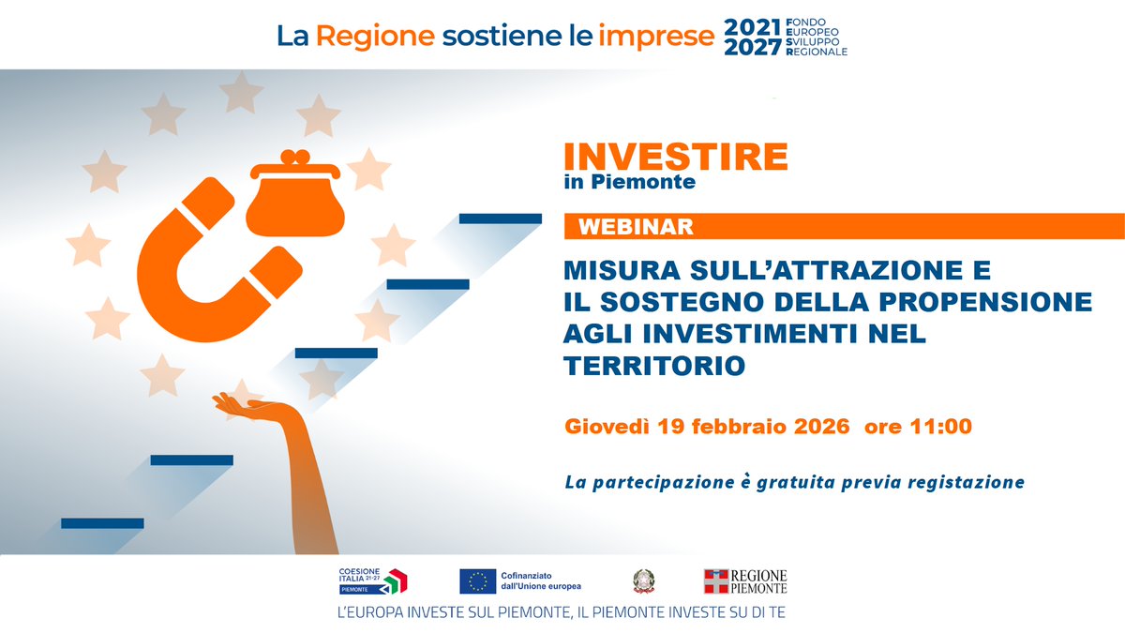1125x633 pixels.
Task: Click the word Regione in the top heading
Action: coord(375,36)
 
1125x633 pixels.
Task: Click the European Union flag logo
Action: coord(478,581)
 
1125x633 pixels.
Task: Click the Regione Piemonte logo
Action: coord(745,581)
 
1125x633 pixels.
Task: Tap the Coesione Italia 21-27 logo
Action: coord(373,581)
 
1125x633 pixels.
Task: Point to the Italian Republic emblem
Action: coord(645,581)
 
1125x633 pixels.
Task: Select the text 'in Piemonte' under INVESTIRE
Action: coord(629,182)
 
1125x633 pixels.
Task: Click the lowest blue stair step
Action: coord(102,522)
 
